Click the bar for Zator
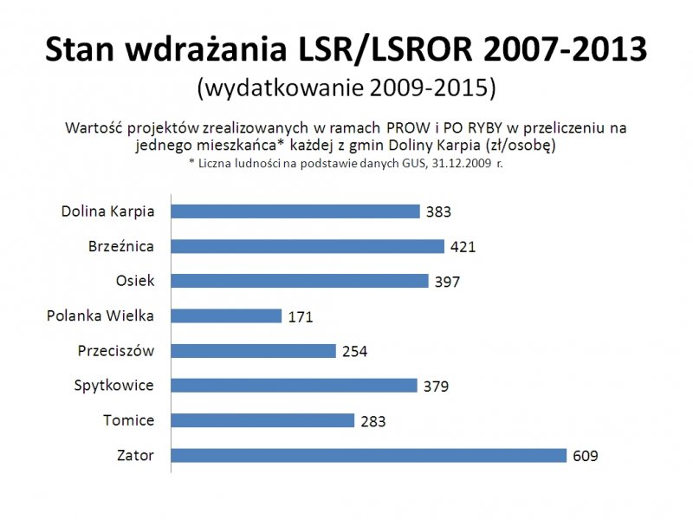[x=368, y=456]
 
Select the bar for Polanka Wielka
[x=226, y=316]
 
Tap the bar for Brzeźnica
[x=308, y=246]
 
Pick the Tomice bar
[x=262, y=420]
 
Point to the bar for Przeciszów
[x=253, y=351]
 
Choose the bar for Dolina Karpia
[x=295, y=211]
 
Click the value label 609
[x=585, y=456]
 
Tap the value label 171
[x=300, y=316]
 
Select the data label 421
[x=463, y=246]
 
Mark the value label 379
[x=436, y=386]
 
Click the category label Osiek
[x=135, y=281]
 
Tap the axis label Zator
[x=135, y=455]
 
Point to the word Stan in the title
[x=79, y=50]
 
